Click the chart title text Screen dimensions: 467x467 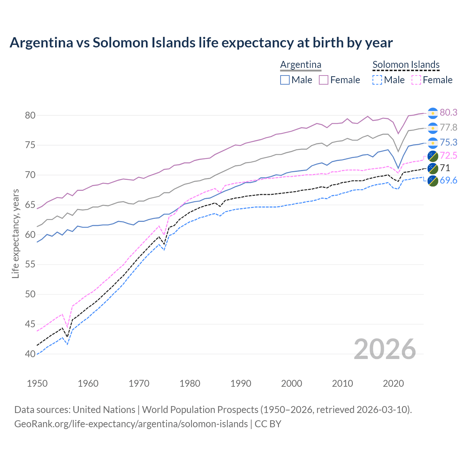(x=201, y=43)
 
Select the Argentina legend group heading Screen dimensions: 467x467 (x=301, y=65)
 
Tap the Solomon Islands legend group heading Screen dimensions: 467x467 (x=406, y=65)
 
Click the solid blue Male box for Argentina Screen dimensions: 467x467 (x=285, y=80)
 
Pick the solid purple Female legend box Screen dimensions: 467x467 (x=324, y=80)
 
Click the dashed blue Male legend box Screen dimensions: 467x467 (x=377, y=80)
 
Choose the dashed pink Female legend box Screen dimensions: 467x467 (x=416, y=80)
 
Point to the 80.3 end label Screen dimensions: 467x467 (x=448, y=112)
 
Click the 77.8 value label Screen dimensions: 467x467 (x=448, y=127)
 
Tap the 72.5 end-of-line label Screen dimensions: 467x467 (x=448, y=156)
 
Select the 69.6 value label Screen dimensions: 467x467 (x=448, y=180)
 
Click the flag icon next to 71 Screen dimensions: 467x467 (x=433, y=168)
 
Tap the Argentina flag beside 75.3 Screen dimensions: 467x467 (x=433, y=143)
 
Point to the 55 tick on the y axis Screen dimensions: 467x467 (x=30, y=264)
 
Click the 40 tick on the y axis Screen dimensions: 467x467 (x=30, y=354)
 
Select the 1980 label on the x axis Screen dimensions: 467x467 (x=190, y=383)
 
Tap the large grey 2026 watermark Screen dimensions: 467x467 (x=385, y=350)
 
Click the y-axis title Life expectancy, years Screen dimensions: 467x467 (x=15, y=233)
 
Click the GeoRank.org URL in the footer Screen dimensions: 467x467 (x=131, y=424)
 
